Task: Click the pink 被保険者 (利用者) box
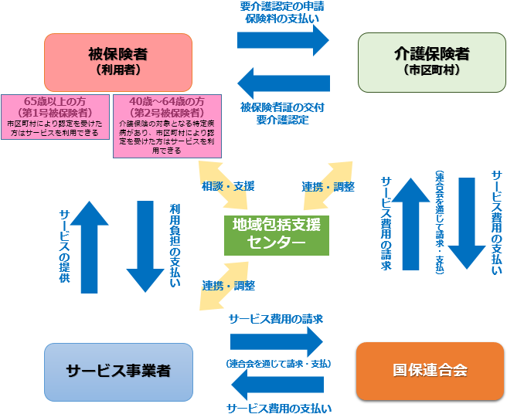pyautogui.click(x=118, y=61)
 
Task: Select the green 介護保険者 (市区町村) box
pyautogui.click(x=430, y=61)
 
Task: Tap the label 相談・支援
pyautogui.click(x=227, y=186)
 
